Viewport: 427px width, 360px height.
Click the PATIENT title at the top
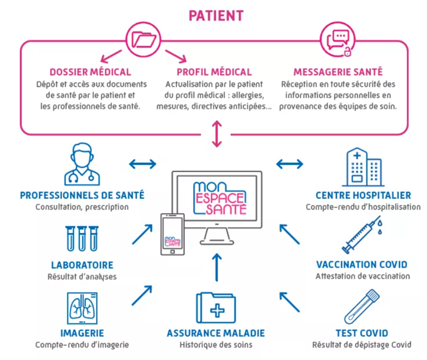[x=216, y=15]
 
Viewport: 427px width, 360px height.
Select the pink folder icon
[x=144, y=39]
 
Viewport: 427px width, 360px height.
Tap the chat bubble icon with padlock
[x=339, y=39]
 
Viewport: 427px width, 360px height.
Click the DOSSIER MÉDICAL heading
[x=90, y=72]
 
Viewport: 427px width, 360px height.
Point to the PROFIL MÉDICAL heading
[x=214, y=72]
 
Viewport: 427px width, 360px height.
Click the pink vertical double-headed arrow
[x=216, y=134]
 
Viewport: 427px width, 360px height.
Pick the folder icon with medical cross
[x=215, y=308]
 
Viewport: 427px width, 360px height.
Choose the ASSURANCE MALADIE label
[x=215, y=333]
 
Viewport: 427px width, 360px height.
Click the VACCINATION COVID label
[x=361, y=264]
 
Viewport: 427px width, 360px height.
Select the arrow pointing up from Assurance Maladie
[x=216, y=267]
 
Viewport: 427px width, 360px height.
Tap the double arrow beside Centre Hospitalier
[x=289, y=163]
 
